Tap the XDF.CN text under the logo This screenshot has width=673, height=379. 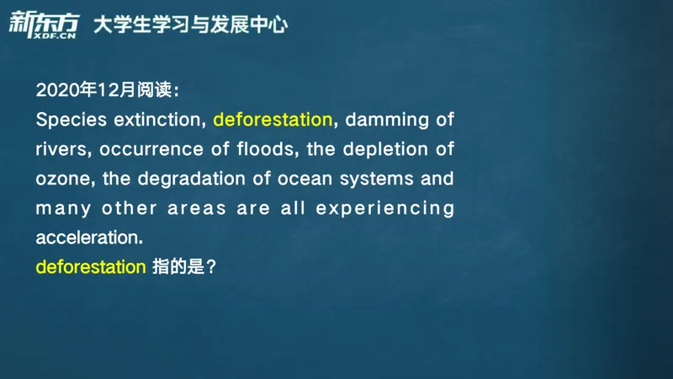(x=52, y=35)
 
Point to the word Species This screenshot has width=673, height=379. (x=68, y=120)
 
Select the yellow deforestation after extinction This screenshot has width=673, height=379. (x=273, y=120)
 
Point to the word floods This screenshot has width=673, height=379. (x=268, y=150)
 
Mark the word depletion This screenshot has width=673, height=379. (x=381, y=150)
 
